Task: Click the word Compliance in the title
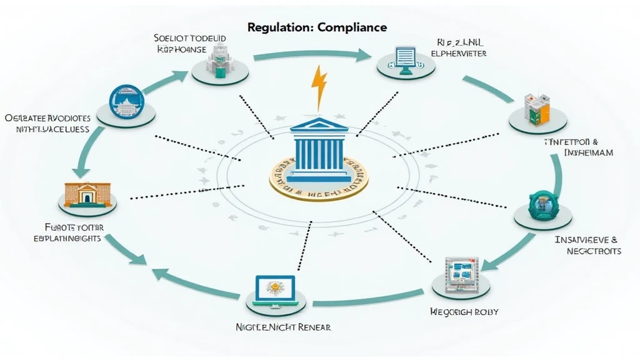click(x=352, y=27)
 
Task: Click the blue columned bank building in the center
click(x=319, y=148)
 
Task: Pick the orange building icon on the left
click(x=87, y=193)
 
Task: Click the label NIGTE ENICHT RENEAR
click(x=283, y=327)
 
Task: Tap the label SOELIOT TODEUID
click(x=190, y=38)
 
